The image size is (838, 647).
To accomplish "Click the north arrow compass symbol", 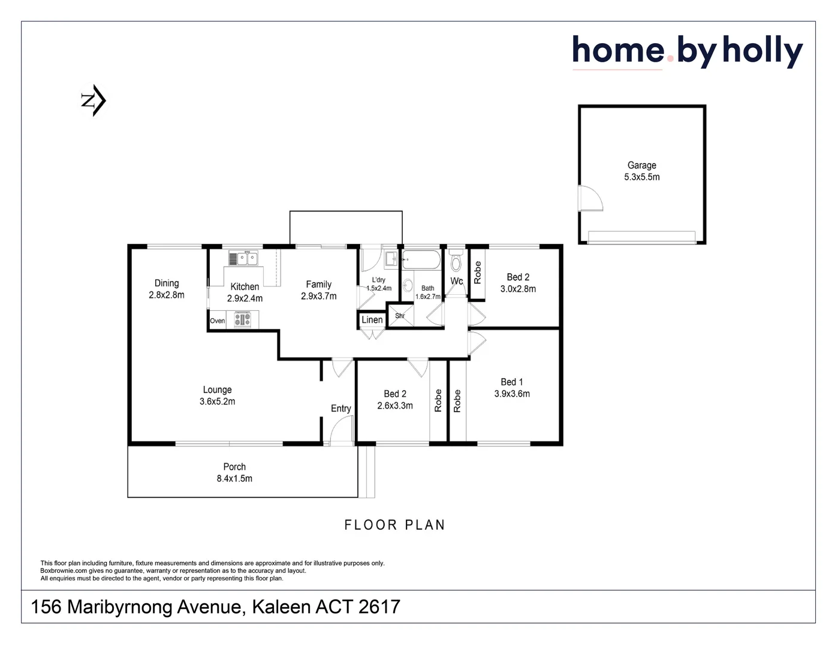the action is (94, 101).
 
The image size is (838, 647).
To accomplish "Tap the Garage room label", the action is (642, 165).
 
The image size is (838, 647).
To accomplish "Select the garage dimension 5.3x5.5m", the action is (642, 177).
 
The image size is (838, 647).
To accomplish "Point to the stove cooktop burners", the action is (243, 319).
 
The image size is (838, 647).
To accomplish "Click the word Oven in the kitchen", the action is (218, 321).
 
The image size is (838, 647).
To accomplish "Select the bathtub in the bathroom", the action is (421, 259).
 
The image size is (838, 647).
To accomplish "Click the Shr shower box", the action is (400, 316).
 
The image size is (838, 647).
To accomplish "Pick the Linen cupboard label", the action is (372, 320).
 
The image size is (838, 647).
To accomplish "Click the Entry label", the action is (341, 409).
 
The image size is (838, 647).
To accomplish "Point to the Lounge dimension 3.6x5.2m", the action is (217, 401).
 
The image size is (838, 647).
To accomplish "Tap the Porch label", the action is (234, 467).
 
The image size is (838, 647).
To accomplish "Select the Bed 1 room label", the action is (512, 382).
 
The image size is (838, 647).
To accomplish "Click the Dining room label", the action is (167, 283).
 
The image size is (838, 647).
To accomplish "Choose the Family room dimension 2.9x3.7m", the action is (318, 297).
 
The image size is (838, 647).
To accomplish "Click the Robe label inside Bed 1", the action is (457, 401).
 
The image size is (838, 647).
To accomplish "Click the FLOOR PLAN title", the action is (395, 525).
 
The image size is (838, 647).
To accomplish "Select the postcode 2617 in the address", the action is (379, 606).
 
